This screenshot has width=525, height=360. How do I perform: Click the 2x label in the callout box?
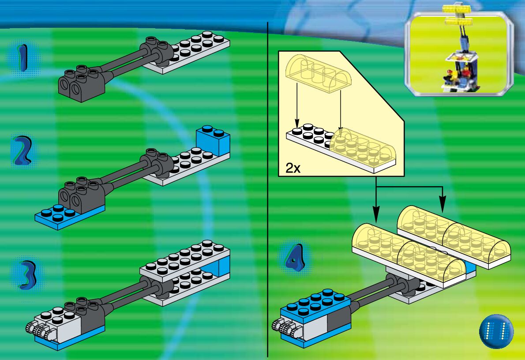click(293, 168)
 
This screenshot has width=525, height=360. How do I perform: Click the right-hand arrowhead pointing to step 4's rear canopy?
click(442, 205)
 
